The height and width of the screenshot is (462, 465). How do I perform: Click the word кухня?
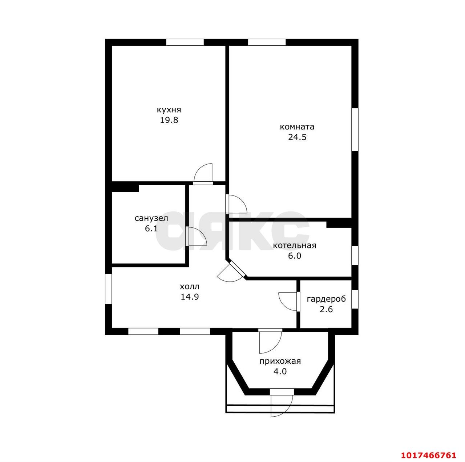click(169, 110)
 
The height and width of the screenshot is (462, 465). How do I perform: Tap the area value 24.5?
click(297, 137)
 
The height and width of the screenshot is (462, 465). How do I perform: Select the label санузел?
click(151, 218)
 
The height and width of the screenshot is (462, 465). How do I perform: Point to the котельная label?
click(294, 246)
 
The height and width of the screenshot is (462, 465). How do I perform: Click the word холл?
click(190, 286)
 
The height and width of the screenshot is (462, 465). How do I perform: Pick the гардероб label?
click(326, 299)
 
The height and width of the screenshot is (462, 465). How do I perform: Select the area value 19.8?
click(169, 120)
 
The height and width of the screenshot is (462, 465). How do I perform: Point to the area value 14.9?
click(190, 297)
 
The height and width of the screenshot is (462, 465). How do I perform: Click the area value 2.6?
click(326, 309)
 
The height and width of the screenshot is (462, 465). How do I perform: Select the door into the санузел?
click(196, 236)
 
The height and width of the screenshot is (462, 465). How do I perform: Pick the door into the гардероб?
click(289, 301)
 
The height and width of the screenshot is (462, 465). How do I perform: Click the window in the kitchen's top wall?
click(185, 42)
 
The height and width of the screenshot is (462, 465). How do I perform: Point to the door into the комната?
click(236, 204)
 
